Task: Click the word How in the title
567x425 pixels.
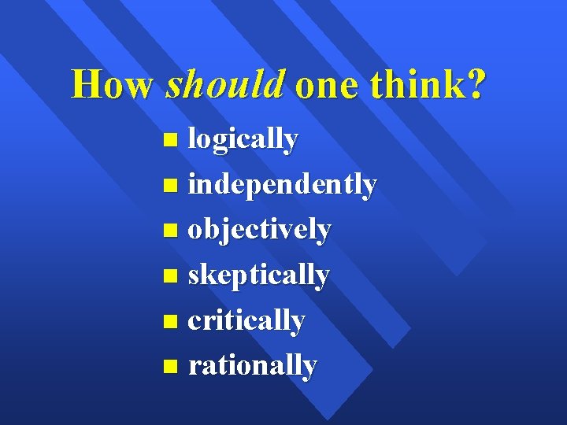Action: pyautogui.click(x=111, y=84)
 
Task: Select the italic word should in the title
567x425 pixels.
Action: pyautogui.click(x=224, y=84)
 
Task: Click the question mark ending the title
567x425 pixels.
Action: pyautogui.click(x=476, y=84)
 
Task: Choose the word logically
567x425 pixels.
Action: pyautogui.click(x=243, y=140)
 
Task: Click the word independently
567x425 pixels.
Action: pyautogui.click(x=283, y=185)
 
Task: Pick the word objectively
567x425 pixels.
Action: pyautogui.click(x=260, y=231)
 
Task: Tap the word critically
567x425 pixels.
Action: pyautogui.click(x=246, y=321)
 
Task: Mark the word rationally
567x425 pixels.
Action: pyautogui.click(x=253, y=366)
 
